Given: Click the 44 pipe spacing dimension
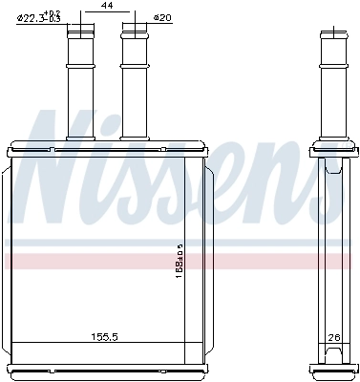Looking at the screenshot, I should pos(107,7).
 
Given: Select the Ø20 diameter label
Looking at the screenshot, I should pos(162,18).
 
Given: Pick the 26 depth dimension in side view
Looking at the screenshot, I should pos(333,336).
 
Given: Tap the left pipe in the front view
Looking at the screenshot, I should pos(80,86).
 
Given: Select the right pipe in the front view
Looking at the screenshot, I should pos(134,86).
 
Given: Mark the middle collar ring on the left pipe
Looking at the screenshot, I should pos(80,68).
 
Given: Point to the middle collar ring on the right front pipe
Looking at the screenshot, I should pos(134,68).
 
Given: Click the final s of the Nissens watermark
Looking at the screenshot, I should pos(329,186).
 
